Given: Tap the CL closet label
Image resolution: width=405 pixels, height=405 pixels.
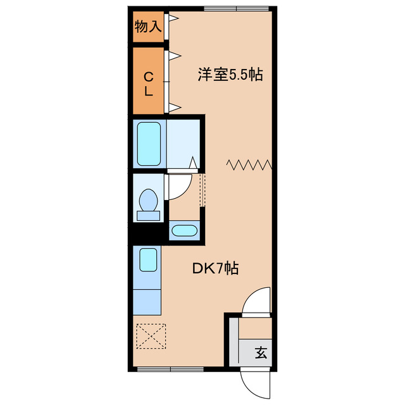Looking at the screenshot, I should tap(149, 84).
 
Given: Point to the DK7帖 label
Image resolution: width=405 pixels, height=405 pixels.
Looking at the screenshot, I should tap(216, 268).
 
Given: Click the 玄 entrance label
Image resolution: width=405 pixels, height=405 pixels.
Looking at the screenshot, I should tap(261, 353).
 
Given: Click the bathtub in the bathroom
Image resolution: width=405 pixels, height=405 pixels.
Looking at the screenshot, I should tap(149, 144).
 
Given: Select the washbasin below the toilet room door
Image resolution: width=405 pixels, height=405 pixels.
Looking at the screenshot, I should tap(185, 230).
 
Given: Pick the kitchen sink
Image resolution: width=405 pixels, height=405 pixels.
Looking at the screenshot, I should tap(148, 259).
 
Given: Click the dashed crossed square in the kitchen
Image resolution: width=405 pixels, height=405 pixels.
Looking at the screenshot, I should tap(150, 335).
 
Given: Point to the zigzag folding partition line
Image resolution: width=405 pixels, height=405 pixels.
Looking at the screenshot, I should tap(249, 165).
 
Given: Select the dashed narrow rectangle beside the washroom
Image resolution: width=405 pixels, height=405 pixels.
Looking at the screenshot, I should tap(202, 189).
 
